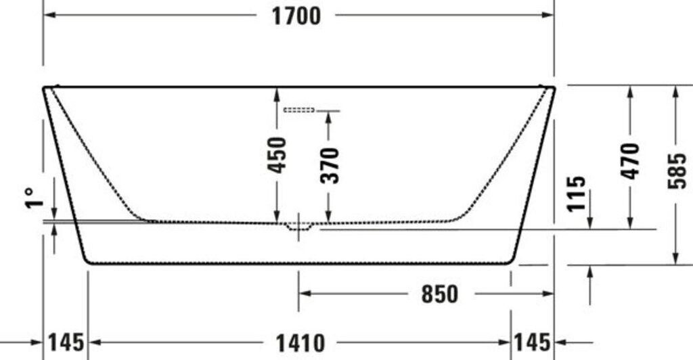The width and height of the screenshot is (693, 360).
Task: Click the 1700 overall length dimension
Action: pyautogui.click(x=296, y=16)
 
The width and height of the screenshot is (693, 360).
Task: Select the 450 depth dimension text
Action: pyautogui.click(x=277, y=155)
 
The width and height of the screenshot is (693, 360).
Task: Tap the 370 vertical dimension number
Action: pyautogui.click(x=330, y=166)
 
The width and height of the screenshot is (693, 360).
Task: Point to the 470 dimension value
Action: pyautogui.click(x=630, y=161)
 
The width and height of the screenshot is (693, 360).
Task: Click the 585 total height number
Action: pyautogui.click(x=677, y=171)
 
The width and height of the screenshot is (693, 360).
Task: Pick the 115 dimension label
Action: pyautogui.click(x=577, y=194)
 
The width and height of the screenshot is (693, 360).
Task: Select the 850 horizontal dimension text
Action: pyautogui.click(x=440, y=294)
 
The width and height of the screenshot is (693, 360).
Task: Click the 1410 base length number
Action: pyautogui.click(x=300, y=343)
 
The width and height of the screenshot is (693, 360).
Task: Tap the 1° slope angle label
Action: pyautogui.click(x=34, y=198)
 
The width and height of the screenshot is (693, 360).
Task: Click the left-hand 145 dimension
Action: pyautogui.click(x=66, y=342)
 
